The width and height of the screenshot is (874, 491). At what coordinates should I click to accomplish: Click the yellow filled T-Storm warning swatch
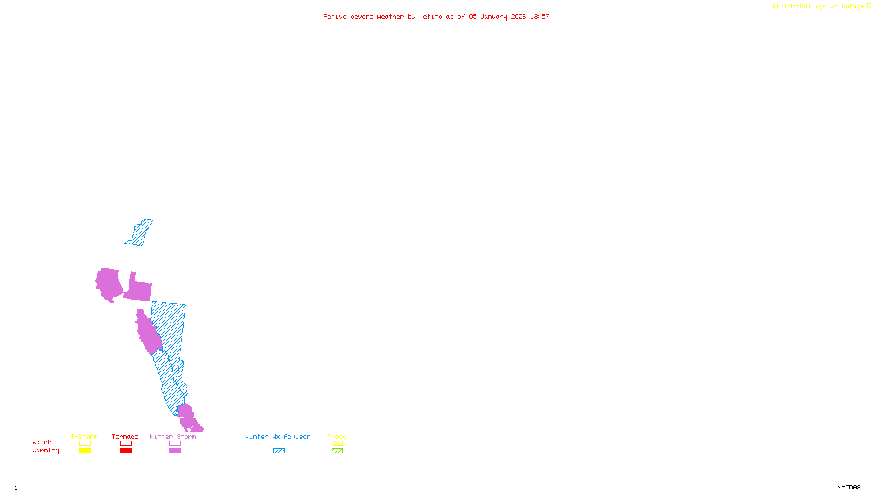tap(85, 451)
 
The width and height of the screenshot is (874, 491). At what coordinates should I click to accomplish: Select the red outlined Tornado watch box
tap(126, 444)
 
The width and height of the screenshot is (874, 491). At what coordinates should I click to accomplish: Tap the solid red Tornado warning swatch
tap(126, 451)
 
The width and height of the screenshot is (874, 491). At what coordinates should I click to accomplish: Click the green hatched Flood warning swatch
tap(337, 451)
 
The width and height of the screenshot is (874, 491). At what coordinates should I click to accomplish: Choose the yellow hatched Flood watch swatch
tap(337, 444)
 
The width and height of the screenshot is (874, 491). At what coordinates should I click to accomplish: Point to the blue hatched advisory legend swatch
tap(279, 451)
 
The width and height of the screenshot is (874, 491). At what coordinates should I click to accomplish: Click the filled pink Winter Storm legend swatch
tap(175, 451)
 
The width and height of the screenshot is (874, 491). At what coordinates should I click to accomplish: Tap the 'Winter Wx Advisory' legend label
tap(280, 436)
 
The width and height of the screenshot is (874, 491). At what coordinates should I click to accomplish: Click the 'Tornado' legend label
tap(125, 436)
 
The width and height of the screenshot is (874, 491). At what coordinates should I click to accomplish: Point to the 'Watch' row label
tap(42, 442)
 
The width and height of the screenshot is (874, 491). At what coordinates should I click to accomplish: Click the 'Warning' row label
tap(45, 451)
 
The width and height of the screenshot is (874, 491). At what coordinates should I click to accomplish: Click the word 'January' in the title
tap(494, 16)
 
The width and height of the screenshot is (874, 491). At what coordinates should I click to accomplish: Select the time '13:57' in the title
tap(540, 16)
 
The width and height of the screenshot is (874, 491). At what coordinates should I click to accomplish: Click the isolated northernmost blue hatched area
tap(140, 233)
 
